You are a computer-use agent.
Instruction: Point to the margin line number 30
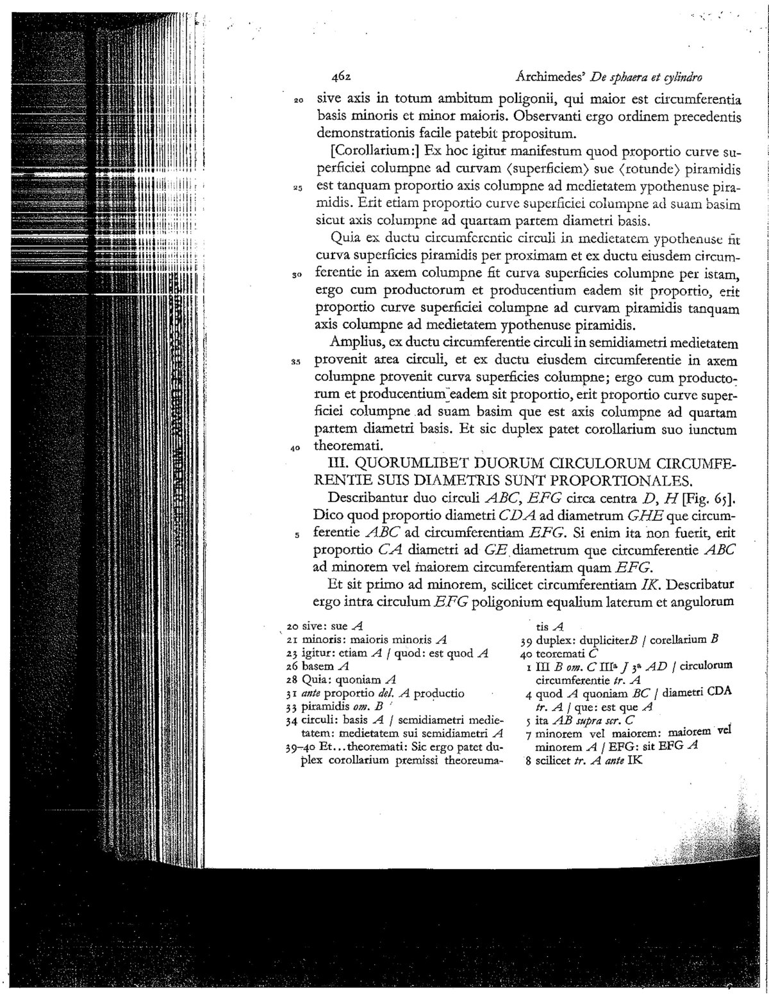297,276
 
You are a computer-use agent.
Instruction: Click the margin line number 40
295,448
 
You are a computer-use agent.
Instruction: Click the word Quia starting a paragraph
357,241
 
